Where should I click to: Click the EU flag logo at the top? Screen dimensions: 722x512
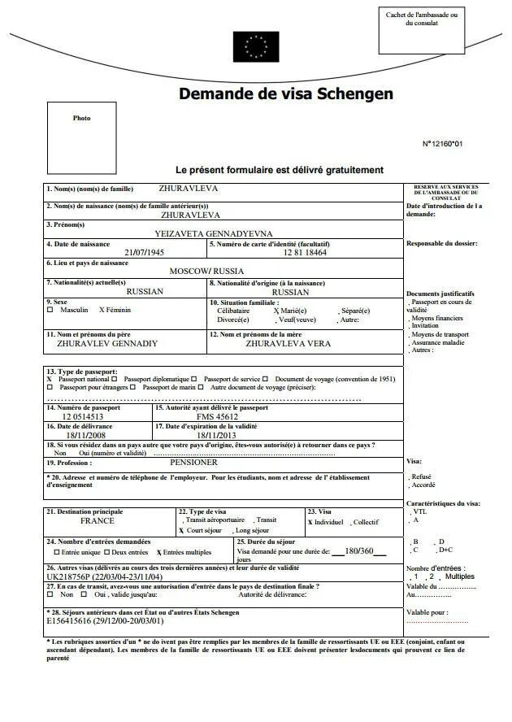[x=256, y=46]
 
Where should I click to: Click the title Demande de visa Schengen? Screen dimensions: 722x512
[x=286, y=94]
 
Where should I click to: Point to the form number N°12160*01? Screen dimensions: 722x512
[x=442, y=144]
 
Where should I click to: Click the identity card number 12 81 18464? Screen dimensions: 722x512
[x=305, y=252]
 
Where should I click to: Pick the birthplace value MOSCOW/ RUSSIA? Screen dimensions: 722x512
[x=206, y=272]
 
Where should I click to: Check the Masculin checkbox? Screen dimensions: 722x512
[x=50, y=310]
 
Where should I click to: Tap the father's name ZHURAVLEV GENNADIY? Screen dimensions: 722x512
[x=107, y=343]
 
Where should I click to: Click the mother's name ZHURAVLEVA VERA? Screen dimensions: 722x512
[x=288, y=343]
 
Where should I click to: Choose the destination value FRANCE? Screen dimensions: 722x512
[x=98, y=520]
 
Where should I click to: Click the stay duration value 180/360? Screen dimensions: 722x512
[x=359, y=550]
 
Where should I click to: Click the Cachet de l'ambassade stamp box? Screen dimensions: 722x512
[x=421, y=30]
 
